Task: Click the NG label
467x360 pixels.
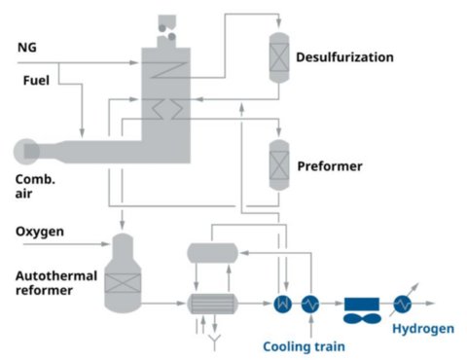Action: click(27, 47)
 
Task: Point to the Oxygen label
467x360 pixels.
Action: click(40, 233)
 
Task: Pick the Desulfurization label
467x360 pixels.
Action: click(345, 57)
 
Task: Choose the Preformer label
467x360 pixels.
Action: click(329, 166)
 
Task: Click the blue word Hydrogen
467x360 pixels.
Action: click(423, 329)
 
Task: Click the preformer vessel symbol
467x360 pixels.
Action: click(280, 162)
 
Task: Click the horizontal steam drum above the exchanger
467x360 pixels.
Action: click(214, 253)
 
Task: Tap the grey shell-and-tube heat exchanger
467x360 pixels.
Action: click(214, 304)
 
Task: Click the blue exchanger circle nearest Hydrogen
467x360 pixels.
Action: click(402, 304)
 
